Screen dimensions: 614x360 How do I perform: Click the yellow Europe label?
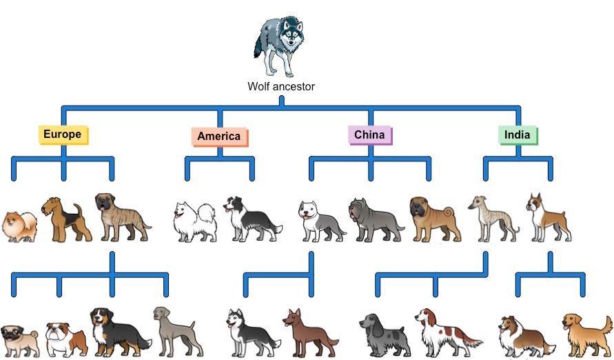coord(63,134)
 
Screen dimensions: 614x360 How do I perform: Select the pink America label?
coord(220,137)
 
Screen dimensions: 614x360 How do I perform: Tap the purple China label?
coord(370,135)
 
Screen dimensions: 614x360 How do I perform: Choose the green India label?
coord(518,135)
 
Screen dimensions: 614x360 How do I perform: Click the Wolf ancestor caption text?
coord(281,87)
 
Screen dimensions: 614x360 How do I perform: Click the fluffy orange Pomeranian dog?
coord(19,227)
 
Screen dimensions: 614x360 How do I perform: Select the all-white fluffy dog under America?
coord(194,221)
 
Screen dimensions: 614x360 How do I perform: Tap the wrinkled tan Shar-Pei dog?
coord(436,219)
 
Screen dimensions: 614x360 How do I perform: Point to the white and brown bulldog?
coord(67,339)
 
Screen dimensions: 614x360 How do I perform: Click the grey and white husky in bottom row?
coord(253,333)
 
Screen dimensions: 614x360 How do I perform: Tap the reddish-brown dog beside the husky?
coord(310,332)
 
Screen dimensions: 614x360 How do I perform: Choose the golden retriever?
coord(588,336)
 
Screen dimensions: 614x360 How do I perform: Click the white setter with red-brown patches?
coord(447,332)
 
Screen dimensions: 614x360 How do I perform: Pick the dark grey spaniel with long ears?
coord(385,335)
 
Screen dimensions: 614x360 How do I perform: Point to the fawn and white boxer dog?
coord(549,217)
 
